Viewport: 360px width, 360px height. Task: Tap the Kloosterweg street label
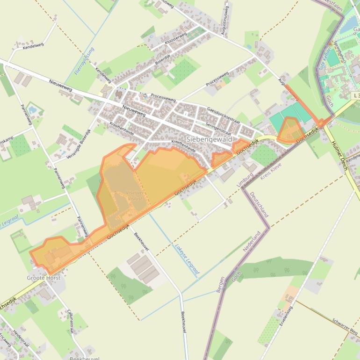[175, 39]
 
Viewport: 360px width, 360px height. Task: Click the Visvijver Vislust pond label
[135, 195]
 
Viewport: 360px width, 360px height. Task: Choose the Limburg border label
[245, 180]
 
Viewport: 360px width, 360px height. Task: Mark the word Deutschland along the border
[259, 204]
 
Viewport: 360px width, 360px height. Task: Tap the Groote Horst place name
[43, 278]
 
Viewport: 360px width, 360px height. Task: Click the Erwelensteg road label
[286, 316]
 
